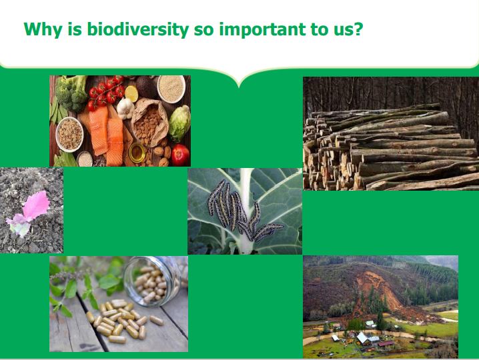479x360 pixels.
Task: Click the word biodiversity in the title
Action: click(x=138, y=29)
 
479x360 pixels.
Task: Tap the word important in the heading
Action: click(x=262, y=29)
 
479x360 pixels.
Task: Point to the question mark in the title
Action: click(x=358, y=29)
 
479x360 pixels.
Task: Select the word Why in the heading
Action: click(x=43, y=29)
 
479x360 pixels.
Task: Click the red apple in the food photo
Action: click(x=180, y=155)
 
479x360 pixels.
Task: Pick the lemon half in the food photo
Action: click(x=131, y=93)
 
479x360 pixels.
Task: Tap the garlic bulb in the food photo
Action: click(x=125, y=109)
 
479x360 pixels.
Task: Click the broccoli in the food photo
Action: click(x=71, y=93)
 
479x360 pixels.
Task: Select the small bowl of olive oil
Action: click(x=137, y=153)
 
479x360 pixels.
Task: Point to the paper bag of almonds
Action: click(x=149, y=122)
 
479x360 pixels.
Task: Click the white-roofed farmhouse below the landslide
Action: click(x=363, y=338)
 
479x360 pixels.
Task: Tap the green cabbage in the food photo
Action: click(x=179, y=123)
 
